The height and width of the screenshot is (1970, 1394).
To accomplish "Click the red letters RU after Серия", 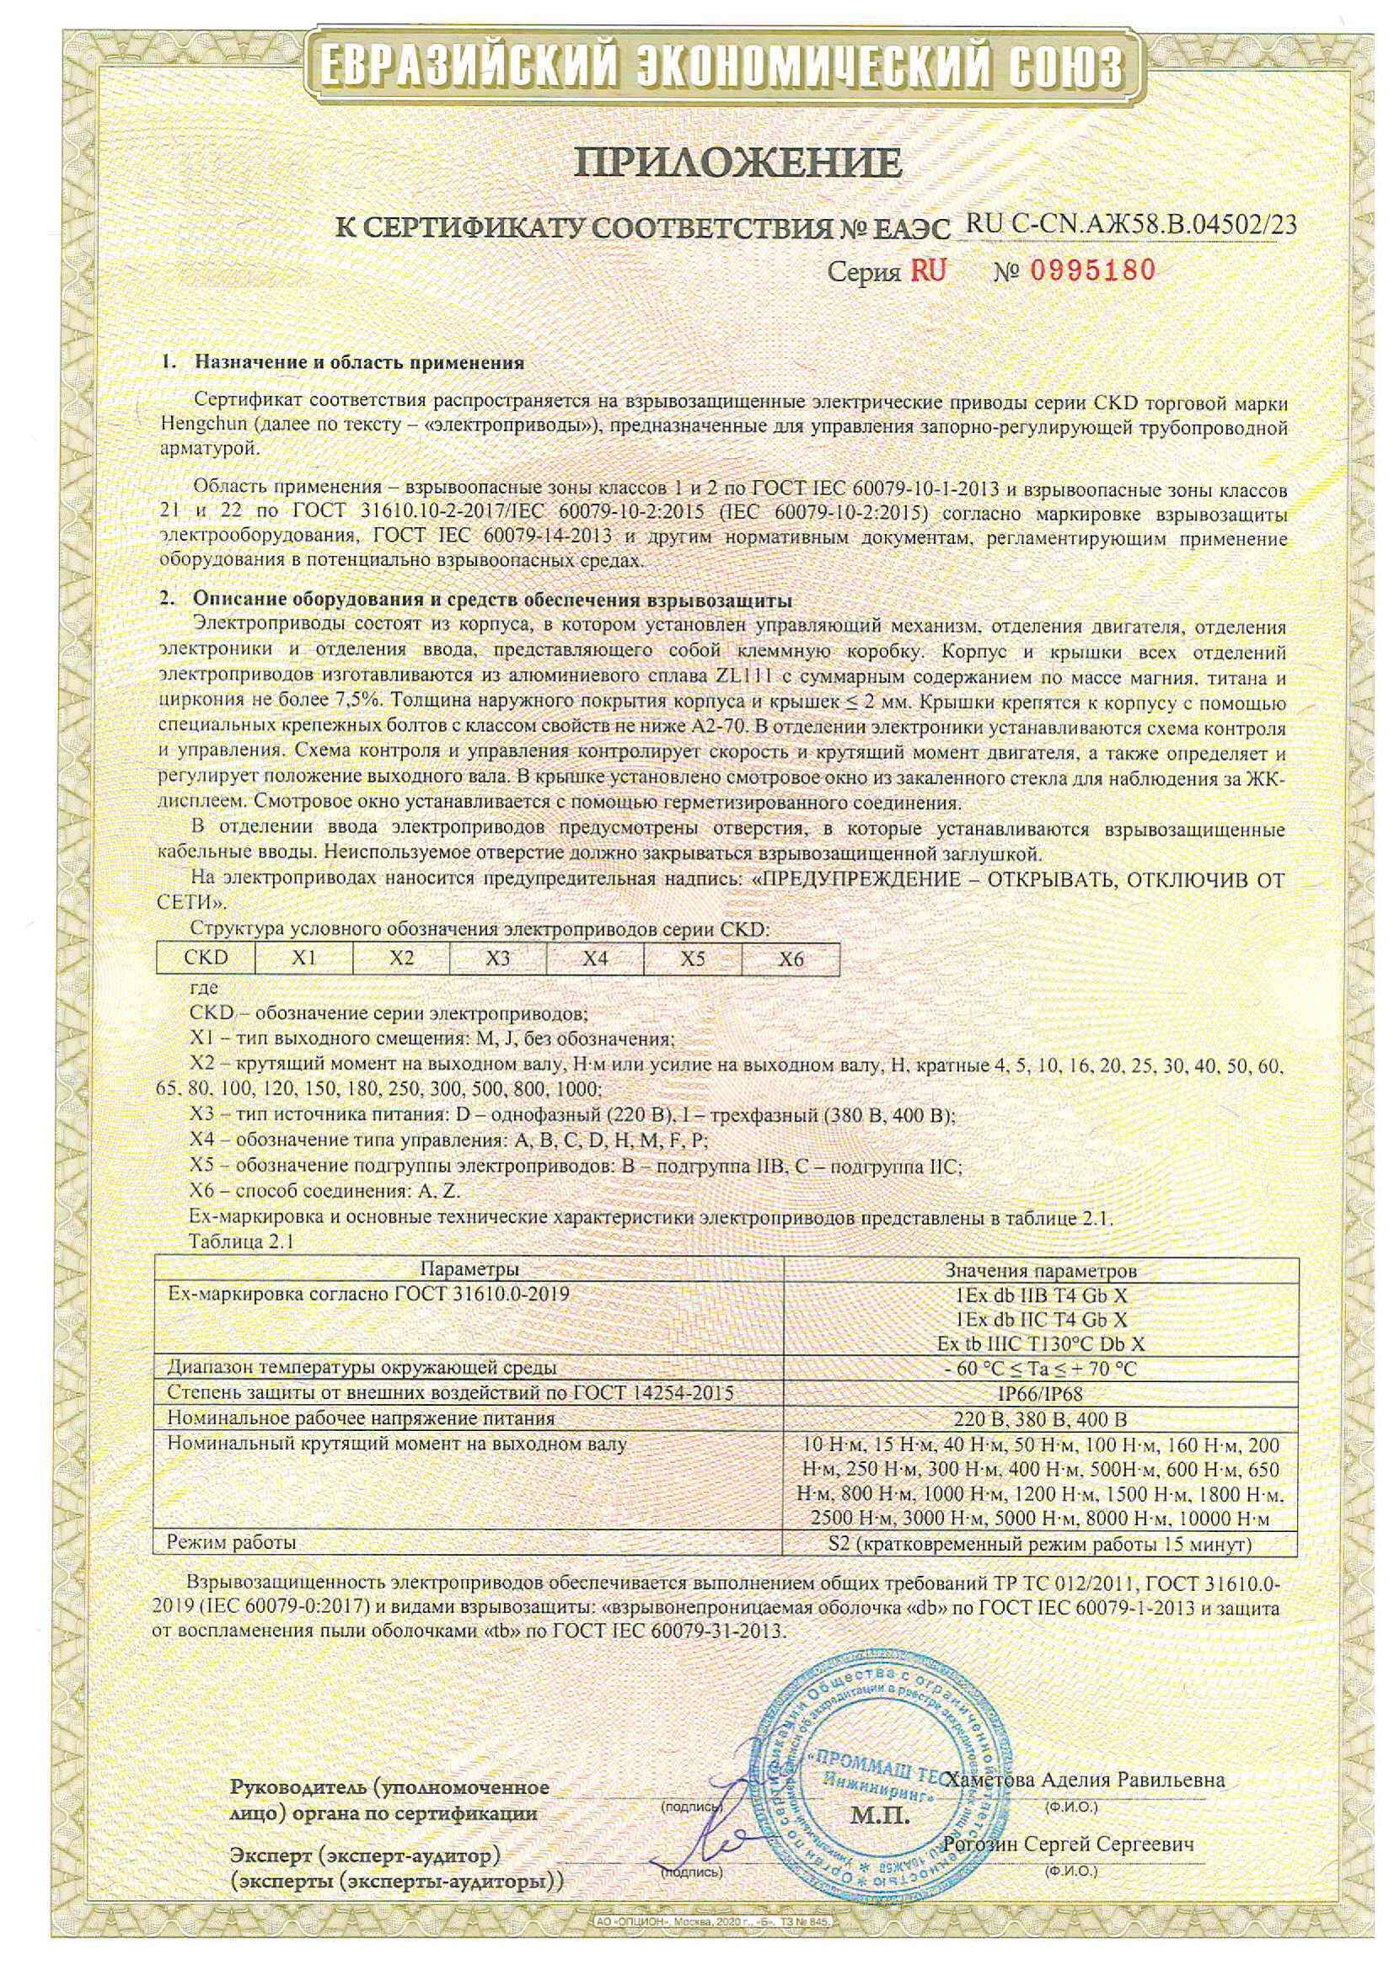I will click(x=929, y=272).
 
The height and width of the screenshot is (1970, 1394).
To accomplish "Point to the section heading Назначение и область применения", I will click(x=359, y=362).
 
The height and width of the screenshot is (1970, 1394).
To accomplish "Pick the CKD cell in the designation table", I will click(x=206, y=958).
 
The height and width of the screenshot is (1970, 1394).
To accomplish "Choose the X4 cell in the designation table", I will click(x=595, y=958).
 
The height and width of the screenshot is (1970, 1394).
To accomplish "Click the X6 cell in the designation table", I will click(x=790, y=958).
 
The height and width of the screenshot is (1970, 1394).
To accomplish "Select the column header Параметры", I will click(x=469, y=1270).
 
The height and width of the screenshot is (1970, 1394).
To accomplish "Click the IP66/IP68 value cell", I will click(x=1041, y=1393).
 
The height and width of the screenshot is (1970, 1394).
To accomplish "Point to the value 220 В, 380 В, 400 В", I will click(x=1041, y=1418).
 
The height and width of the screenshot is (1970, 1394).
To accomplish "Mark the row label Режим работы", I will click(x=233, y=1542).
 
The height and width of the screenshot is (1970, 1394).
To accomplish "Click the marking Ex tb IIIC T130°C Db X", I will click(x=1041, y=1343).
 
